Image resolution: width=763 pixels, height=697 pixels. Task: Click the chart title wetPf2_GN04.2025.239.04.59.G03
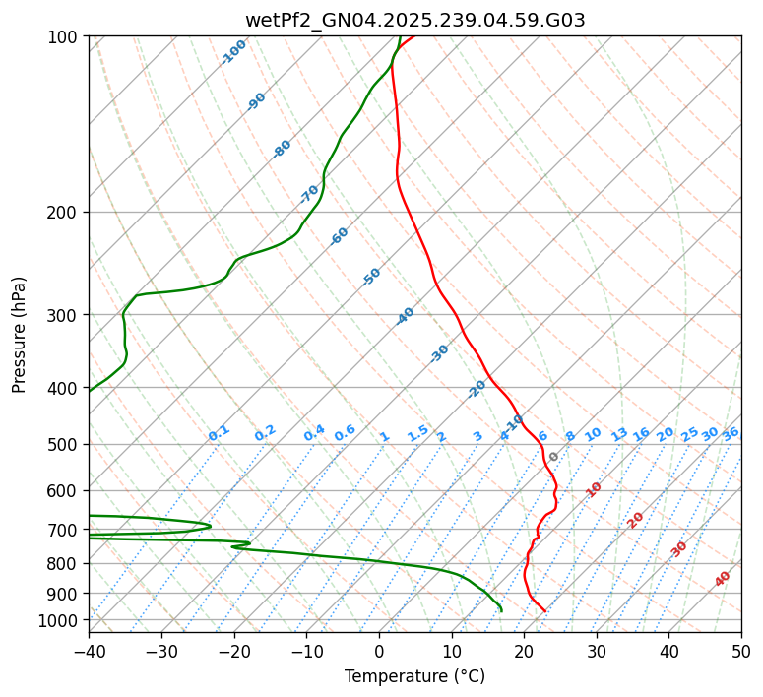click(x=414, y=20)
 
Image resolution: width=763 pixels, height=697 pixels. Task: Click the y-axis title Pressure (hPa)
click(x=20, y=334)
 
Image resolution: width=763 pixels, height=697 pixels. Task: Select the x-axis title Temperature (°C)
click(x=414, y=676)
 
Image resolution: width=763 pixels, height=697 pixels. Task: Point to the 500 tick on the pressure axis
click(x=65, y=444)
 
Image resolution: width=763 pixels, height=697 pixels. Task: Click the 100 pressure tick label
click(x=65, y=37)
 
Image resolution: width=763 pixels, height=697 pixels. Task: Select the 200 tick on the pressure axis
click(x=65, y=212)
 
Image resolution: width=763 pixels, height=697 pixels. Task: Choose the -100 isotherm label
click(x=233, y=52)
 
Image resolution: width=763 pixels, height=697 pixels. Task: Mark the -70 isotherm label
click(x=309, y=193)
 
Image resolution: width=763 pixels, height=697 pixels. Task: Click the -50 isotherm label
click(x=371, y=277)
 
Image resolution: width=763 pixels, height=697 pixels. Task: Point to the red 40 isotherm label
click(x=723, y=579)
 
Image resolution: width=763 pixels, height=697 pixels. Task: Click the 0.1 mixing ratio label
click(x=219, y=433)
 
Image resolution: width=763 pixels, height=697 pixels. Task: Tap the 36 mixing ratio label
click(x=731, y=433)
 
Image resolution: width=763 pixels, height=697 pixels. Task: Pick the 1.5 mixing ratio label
click(x=417, y=433)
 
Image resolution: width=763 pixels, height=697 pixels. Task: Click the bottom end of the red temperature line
click(x=545, y=611)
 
